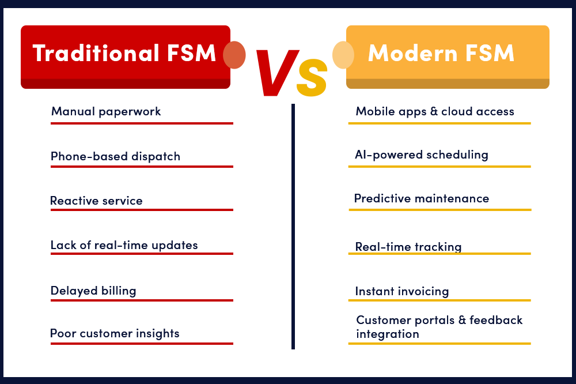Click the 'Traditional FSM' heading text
(x=124, y=54)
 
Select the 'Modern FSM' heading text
(x=441, y=54)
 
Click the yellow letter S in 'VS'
(x=312, y=80)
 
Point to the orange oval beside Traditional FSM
(x=234, y=55)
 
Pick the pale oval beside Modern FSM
(x=343, y=55)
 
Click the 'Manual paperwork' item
(x=106, y=111)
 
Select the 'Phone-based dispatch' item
(x=115, y=156)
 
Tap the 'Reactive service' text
(x=96, y=201)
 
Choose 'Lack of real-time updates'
(x=124, y=245)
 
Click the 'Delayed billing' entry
(x=93, y=291)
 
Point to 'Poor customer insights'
(x=115, y=333)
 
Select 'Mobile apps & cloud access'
(x=435, y=111)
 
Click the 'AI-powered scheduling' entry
(x=422, y=155)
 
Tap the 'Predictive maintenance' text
(x=422, y=198)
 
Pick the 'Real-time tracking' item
(x=408, y=247)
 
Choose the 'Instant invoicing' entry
(x=402, y=291)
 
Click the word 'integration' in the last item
(x=388, y=334)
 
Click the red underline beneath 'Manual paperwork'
(x=142, y=123)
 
